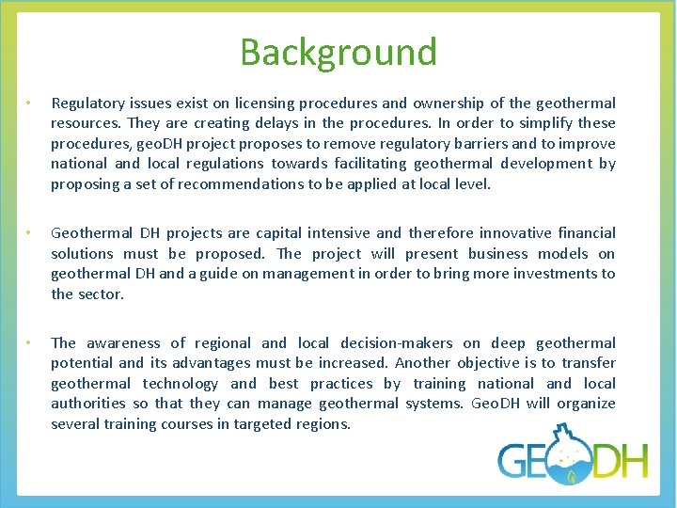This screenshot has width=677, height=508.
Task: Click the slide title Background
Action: [x=338, y=52]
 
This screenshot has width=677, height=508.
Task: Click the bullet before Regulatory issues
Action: [x=30, y=103]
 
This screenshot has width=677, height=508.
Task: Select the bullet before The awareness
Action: [x=30, y=342]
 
